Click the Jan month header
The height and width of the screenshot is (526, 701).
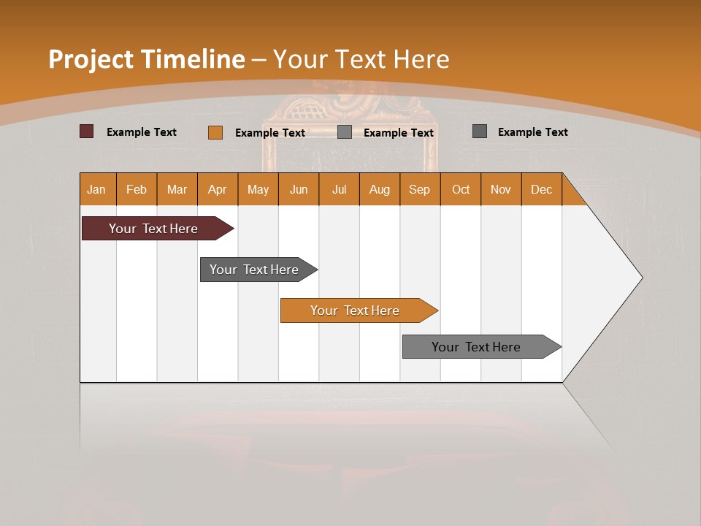(97, 189)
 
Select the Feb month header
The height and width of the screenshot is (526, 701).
(137, 189)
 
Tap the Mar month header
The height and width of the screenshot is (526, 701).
(177, 189)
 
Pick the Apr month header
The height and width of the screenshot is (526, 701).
(218, 189)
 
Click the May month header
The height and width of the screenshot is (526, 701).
(258, 189)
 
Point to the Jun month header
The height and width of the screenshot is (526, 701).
(299, 189)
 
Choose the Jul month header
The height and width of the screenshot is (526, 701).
(339, 189)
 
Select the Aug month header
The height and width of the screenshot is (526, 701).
(380, 189)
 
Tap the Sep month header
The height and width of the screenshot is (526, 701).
(420, 189)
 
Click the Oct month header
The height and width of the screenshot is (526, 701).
(461, 189)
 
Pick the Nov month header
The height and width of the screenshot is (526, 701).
(501, 189)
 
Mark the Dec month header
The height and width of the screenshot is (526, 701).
(542, 189)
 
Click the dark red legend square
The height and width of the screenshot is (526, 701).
(87, 131)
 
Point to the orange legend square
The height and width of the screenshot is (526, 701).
(215, 132)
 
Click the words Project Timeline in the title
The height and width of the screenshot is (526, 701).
(146, 59)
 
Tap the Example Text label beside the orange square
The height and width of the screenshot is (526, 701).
(270, 133)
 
